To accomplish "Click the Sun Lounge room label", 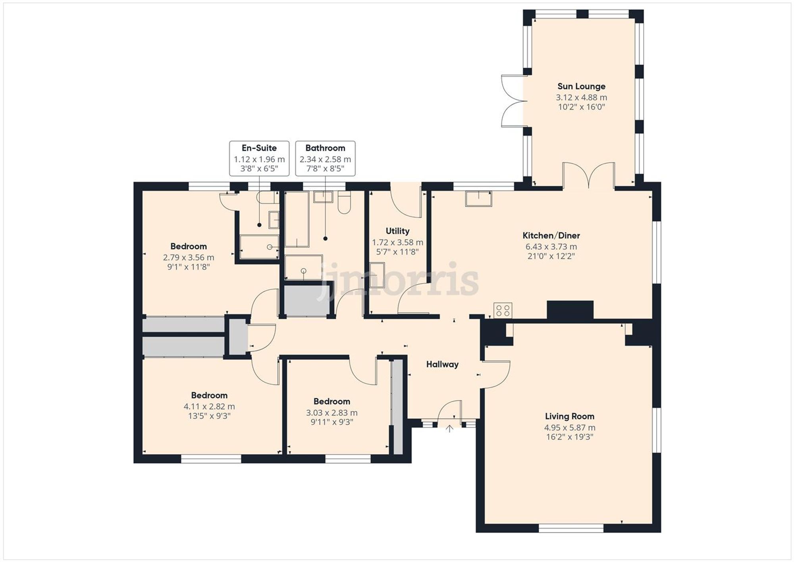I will point(581,86).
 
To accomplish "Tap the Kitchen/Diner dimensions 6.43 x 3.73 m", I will point(551,247).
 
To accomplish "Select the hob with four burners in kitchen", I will point(503,310).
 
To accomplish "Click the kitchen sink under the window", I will point(478,199).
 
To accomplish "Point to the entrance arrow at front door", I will point(449,429).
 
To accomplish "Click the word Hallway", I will point(442,364).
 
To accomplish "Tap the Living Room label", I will point(569,416).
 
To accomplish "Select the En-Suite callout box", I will point(259,158).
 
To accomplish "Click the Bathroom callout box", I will point(325,158).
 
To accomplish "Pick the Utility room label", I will point(397,231).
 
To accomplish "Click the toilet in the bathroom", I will point(344,203).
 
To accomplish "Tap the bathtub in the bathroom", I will point(297,219).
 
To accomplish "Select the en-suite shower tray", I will point(259,247).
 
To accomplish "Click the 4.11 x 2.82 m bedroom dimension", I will point(209,406).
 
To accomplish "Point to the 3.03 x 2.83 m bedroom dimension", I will point(331,413).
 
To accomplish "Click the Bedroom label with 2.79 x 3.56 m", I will point(189,246).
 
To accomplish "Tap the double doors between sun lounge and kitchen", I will point(589,176).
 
